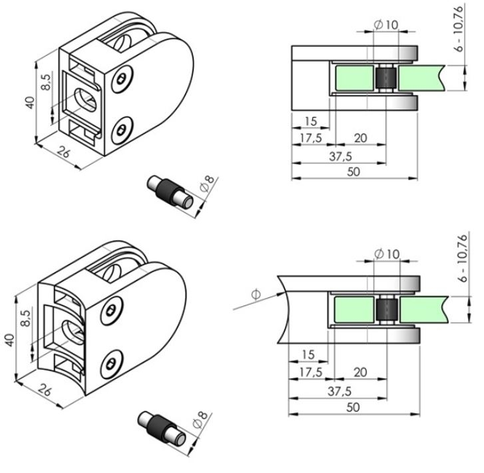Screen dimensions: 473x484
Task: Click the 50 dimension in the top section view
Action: tap(354, 171)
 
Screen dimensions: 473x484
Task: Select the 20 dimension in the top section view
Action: tap(360, 138)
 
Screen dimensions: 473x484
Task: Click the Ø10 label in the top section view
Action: tap(387, 25)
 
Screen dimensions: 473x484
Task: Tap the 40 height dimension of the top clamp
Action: tap(28, 103)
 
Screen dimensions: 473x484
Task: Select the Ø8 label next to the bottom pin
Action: tap(198, 421)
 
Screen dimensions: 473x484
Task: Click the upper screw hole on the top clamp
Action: tap(121, 80)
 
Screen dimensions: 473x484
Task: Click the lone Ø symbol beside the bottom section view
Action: tap(256, 293)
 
